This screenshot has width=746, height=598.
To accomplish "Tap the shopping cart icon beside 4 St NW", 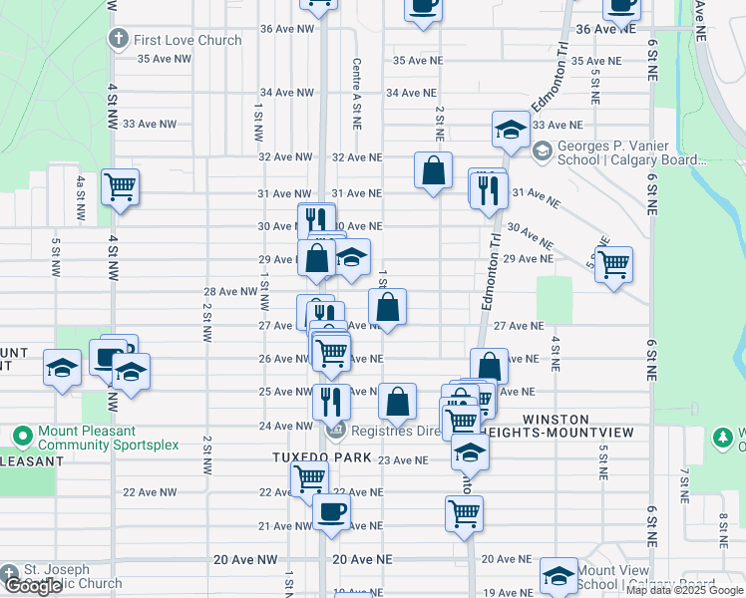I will tap(120, 185).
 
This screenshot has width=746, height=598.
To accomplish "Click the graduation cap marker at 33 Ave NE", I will tap(511, 129).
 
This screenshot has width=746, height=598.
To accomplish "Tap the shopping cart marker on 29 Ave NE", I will tap(613, 264).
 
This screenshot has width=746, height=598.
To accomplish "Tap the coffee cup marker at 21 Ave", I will tap(331, 512).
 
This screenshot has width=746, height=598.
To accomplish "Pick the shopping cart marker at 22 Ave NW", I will tap(310, 478).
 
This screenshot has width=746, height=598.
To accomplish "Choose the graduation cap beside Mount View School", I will tap(559, 575).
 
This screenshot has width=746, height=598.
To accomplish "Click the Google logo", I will tap(33, 586).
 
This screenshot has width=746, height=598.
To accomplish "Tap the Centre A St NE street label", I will tap(356, 93).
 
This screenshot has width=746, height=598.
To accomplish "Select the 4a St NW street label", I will tap(80, 198).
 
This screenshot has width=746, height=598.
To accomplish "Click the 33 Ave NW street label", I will tap(150, 124).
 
